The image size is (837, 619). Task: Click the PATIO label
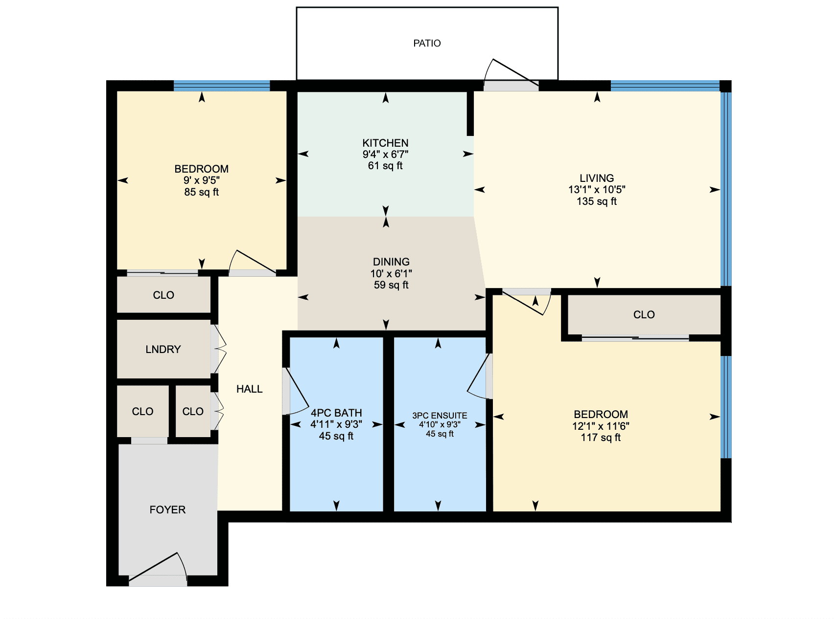point(427,44)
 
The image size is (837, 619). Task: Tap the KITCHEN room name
point(385,143)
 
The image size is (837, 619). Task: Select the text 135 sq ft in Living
point(597,201)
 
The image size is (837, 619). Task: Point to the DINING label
point(391,262)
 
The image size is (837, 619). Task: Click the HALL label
point(250,389)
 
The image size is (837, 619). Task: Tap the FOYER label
point(167,510)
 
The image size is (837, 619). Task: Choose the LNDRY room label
point(163,349)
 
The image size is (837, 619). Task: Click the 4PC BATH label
point(336,413)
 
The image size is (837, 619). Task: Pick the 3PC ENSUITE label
point(440,416)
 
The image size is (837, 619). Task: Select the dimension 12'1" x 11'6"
point(601,426)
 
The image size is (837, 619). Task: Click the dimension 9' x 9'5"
point(201,180)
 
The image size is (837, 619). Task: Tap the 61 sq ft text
point(385,166)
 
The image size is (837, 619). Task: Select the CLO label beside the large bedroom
point(644,315)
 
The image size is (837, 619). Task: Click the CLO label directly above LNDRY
point(163,295)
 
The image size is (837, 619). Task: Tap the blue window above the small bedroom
point(222,86)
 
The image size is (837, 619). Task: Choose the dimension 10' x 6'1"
point(391,273)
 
